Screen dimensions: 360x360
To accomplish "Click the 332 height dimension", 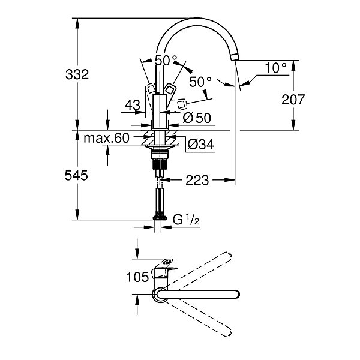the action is click(77, 74).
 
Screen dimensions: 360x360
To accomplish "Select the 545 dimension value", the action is click(76, 175).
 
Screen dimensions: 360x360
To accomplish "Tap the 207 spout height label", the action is click(293, 100).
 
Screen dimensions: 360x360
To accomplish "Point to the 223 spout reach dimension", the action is click(197, 180).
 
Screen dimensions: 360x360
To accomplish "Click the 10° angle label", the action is click(275, 68).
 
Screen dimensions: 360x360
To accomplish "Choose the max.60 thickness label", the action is click(107, 138).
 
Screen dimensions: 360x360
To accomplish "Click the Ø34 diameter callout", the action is click(200, 145).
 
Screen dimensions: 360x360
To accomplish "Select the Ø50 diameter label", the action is click(197, 118).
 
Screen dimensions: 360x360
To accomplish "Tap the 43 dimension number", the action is click(133, 105).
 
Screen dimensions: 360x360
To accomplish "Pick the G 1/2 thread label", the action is click(186, 220).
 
